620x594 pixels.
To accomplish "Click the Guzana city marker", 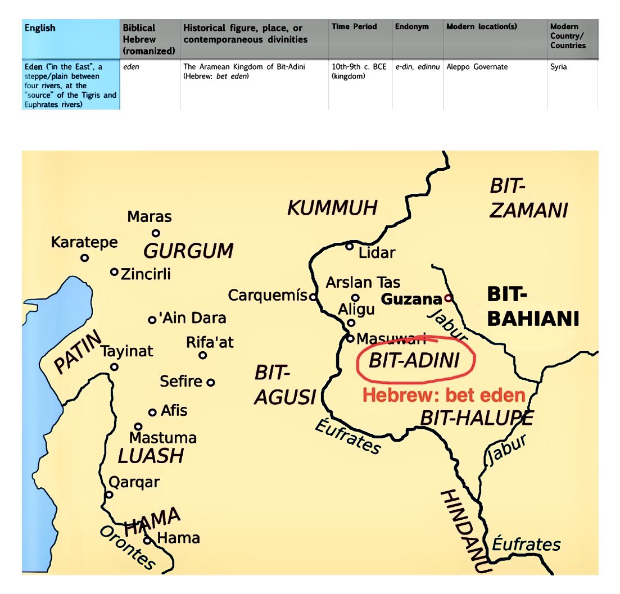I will coord(448,298).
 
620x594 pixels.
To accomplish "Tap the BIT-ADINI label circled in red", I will coord(414,361).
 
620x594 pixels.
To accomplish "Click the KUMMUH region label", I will coord(332,208).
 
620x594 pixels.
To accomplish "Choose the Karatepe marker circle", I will coord(84,258).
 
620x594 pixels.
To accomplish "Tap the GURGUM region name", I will coord(188,251).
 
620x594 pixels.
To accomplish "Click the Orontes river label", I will coord(126,547).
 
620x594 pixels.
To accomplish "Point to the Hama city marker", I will coord(147,541).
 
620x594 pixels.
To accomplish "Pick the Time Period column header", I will coord(354,26).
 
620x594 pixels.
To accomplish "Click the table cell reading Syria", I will coord(559,67).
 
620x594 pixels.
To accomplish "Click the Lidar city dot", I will coord(350,246).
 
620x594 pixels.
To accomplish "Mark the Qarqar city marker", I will coord(109,495).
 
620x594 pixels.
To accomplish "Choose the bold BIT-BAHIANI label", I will coord(532,307).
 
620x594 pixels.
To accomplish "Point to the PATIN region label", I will coord(78,353).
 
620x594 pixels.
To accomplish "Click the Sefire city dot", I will coord(211,382).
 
